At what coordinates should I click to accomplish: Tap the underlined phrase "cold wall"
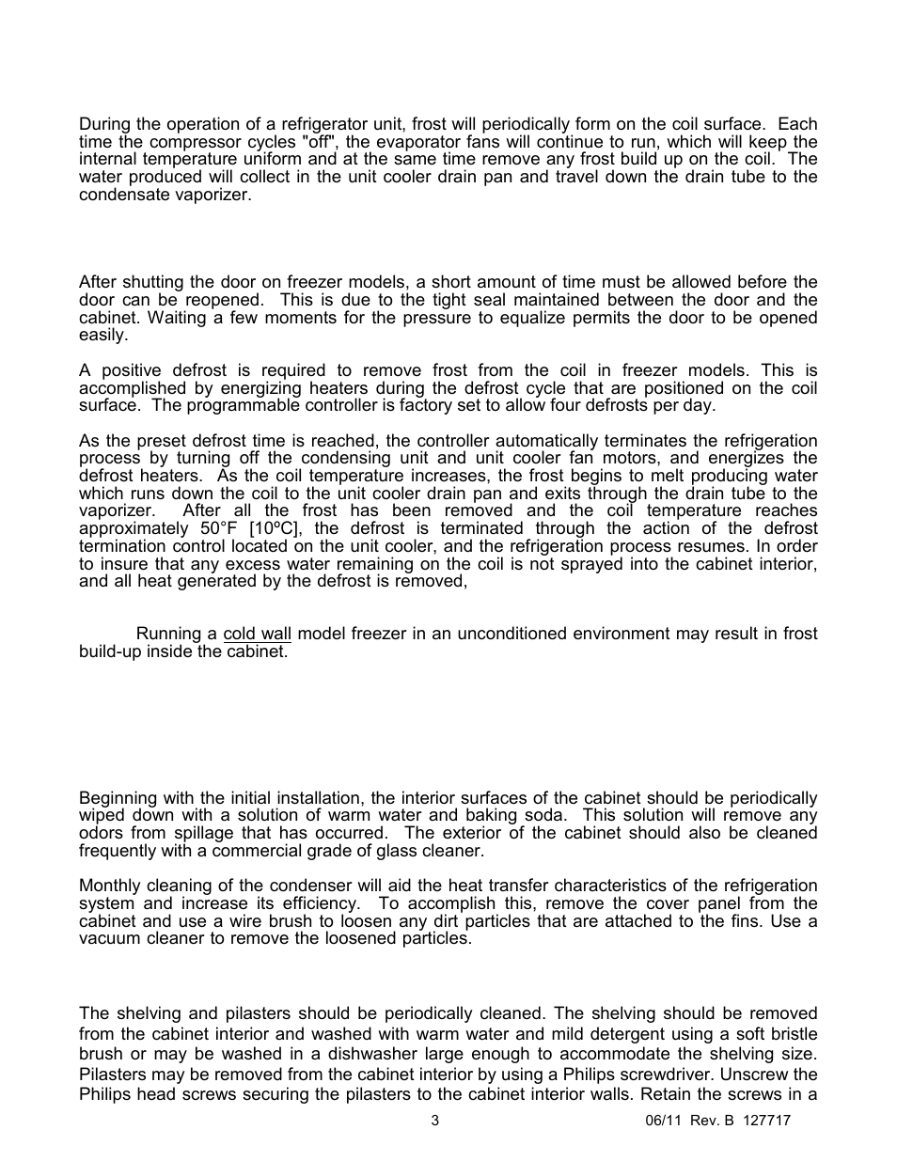(257, 634)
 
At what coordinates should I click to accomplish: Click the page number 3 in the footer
(434, 1121)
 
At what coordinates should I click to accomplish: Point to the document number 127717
(765, 1121)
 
